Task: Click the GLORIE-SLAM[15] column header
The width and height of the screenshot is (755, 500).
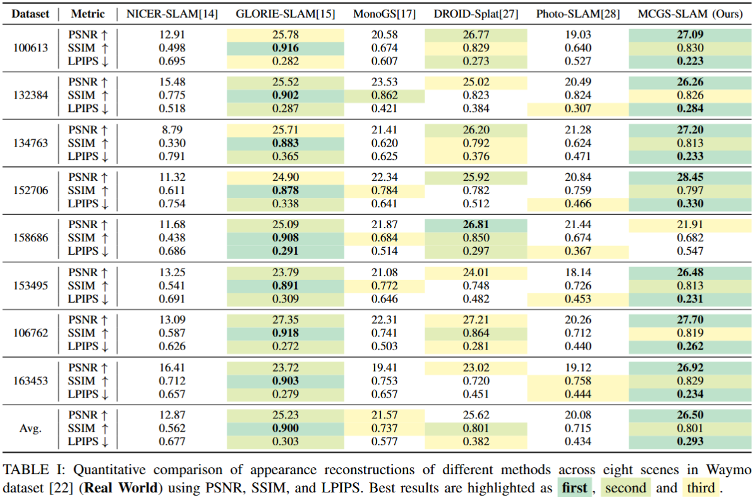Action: point(285,14)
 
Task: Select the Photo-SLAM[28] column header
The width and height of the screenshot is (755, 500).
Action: point(578,14)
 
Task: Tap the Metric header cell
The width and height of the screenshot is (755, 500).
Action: point(88,14)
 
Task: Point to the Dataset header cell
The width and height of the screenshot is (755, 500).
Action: point(30,14)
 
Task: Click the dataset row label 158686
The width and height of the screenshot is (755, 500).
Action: point(30,238)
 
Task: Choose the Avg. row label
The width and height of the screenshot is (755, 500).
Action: point(30,428)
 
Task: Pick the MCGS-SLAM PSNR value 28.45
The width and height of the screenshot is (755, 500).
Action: point(690,177)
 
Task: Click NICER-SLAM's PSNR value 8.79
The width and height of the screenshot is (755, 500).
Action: point(172,130)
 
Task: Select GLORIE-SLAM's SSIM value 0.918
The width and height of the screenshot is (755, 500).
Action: point(285,333)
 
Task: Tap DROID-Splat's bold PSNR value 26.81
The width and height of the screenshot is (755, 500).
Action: point(476,224)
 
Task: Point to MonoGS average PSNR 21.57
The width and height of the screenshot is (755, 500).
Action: point(384,415)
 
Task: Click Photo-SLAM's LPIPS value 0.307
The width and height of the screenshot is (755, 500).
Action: point(578,108)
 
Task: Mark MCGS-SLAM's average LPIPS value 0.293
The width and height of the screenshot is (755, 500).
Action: point(690,441)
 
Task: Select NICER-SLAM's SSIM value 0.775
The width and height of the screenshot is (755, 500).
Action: point(172,95)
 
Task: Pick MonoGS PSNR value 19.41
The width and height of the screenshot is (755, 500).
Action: point(384,367)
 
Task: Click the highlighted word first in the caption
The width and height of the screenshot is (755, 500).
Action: point(574,488)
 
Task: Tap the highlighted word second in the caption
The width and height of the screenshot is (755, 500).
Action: point(625,488)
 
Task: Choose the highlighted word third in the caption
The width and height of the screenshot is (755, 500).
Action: point(701,488)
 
